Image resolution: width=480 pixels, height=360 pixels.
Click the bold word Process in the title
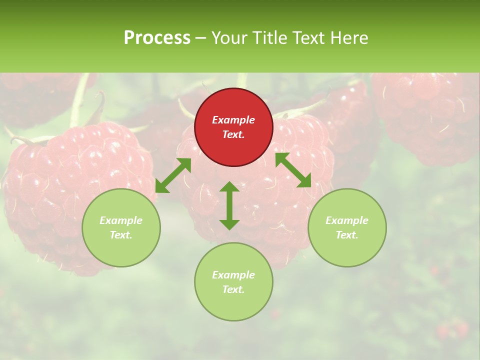coord(157,38)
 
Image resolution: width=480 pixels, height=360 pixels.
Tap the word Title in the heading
coord(272,38)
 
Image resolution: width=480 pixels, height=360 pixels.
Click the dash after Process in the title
coord(200,39)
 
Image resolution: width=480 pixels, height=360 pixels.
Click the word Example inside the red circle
coord(233,120)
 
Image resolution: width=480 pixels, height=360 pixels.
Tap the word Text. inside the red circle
coord(233,134)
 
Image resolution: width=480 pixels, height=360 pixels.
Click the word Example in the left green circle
coord(121,220)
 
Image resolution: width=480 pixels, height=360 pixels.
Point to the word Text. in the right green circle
coord(347,235)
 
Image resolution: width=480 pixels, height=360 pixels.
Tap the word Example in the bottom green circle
coord(233,275)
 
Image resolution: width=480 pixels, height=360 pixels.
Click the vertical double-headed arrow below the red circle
coord(229,205)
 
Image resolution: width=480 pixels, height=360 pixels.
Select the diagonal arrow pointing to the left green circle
coord(173,175)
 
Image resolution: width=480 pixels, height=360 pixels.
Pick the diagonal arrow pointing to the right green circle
coord(293,170)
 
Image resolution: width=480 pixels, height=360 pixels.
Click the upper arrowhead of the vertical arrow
coord(229,187)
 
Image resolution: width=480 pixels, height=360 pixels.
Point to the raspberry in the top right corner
coord(425,115)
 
